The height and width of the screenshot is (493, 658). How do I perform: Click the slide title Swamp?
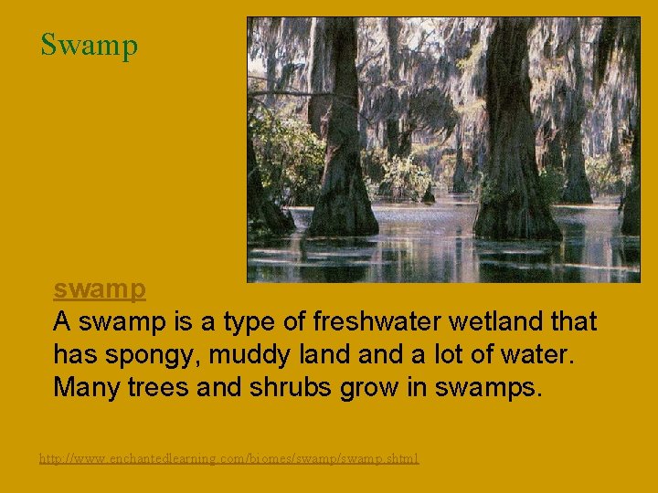click(89, 44)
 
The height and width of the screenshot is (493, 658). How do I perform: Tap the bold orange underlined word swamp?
click(100, 289)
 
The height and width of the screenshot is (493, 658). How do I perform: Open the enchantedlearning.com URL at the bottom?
click(228, 457)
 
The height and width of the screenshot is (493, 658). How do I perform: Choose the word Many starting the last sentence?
click(83, 387)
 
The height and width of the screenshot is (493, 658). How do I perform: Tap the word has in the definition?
click(72, 354)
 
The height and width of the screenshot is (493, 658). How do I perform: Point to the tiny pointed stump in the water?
click(429, 194)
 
